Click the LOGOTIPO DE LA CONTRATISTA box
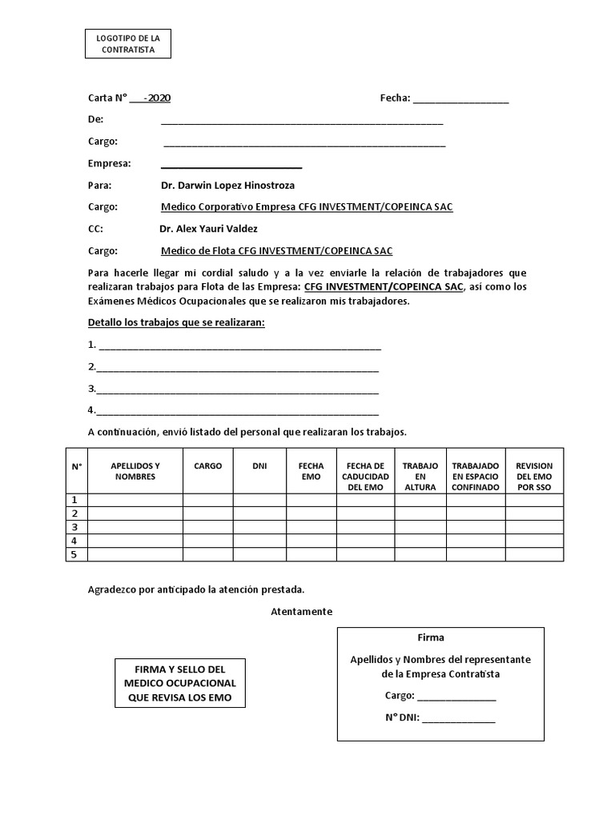pyautogui.click(x=127, y=43)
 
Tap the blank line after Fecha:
pyautogui.click(x=460, y=99)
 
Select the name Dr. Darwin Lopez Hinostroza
pyautogui.click(x=227, y=185)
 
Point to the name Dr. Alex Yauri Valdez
pyautogui.click(x=208, y=228)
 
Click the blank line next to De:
pyautogui.click(x=302, y=121)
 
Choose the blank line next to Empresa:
pyautogui.click(x=231, y=165)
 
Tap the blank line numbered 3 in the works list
pyautogui.click(x=237, y=390)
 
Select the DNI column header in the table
pyautogui.click(x=259, y=465)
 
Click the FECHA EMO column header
pyautogui.click(x=311, y=470)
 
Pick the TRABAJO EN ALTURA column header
pyautogui.click(x=420, y=476)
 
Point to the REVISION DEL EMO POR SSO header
pyautogui.click(x=534, y=476)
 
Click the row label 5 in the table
pyautogui.click(x=75, y=554)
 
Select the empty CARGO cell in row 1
pyautogui.click(x=207, y=500)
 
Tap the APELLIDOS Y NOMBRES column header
pyautogui.click(x=135, y=470)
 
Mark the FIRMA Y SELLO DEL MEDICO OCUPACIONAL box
pyautogui.click(x=180, y=683)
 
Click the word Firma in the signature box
pyautogui.click(x=431, y=637)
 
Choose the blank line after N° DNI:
pyautogui.click(x=458, y=718)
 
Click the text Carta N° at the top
pyautogui.click(x=108, y=98)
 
